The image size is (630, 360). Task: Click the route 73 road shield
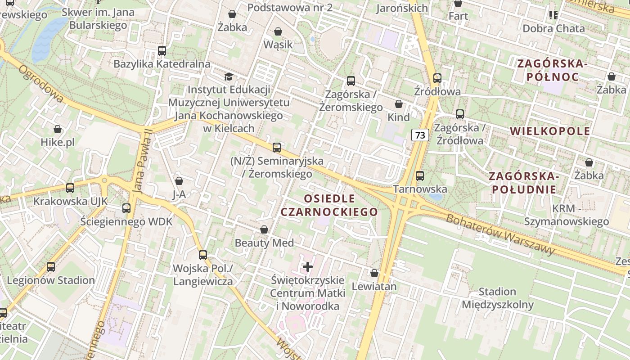pyautogui.click(x=420, y=135)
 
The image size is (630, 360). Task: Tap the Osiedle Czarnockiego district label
pyautogui.click(x=329, y=205)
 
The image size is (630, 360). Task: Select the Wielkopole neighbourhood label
pyautogui.click(x=550, y=131)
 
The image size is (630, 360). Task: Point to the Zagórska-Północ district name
pyautogui.click(x=553, y=70)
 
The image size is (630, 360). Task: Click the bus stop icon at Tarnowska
pyautogui.click(x=420, y=176)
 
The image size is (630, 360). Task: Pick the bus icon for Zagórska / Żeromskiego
pyautogui.click(x=351, y=81)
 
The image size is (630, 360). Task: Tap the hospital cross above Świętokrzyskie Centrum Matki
pyautogui.click(x=308, y=267)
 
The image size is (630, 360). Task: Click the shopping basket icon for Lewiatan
pyautogui.click(x=374, y=273)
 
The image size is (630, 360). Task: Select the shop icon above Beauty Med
pyautogui.click(x=264, y=230)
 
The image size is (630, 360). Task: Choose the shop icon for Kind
pyautogui.click(x=399, y=104)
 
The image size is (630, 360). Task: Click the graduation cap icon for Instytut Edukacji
pyautogui.click(x=229, y=76)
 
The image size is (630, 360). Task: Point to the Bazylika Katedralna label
pyautogui.click(x=162, y=64)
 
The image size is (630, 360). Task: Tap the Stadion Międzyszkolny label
pyautogui.click(x=498, y=298)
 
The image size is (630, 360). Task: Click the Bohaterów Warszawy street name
pyautogui.click(x=500, y=234)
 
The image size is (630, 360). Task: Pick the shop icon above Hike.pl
pyautogui.click(x=58, y=130)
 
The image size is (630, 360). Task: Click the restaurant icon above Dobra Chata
pyautogui.click(x=553, y=16)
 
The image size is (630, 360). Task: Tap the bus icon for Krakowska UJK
pyautogui.click(x=70, y=188)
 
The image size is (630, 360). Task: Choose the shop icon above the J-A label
pyautogui.click(x=179, y=181)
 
